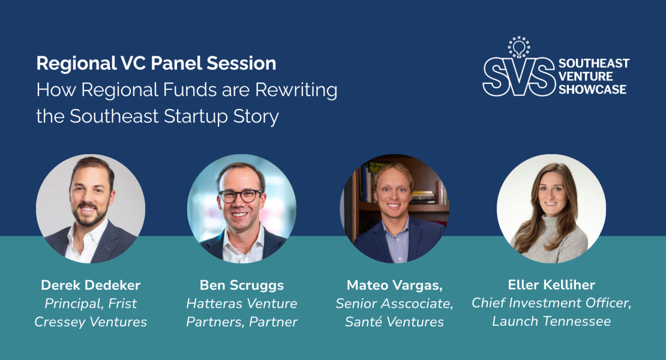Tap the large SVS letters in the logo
[518, 77]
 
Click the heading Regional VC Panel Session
[156, 64]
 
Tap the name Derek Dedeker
[90, 284]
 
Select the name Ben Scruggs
[241, 284]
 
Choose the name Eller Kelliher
[551, 284]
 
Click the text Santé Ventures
[394, 322]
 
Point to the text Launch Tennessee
[551, 321]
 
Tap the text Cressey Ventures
[90, 322]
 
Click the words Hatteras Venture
[241, 303]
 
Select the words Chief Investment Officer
[551, 303]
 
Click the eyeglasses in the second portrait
[241, 196]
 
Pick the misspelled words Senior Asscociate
[394, 303]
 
